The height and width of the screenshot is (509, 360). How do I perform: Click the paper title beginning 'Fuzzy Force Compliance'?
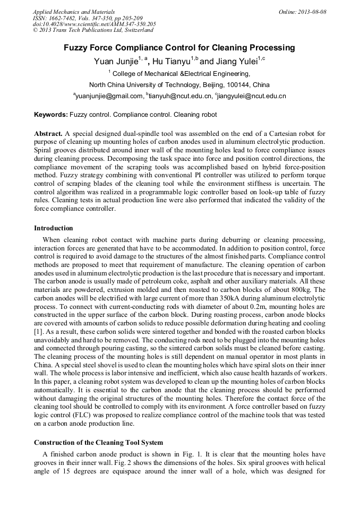(x=179, y=48)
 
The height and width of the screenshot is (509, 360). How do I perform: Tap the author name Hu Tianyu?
(x=171, y=62)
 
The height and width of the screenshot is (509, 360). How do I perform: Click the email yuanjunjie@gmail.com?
(x=109, y=96)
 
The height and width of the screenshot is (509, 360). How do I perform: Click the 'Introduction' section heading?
(x=54, y=228)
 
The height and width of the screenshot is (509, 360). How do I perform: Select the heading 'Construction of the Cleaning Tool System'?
(x=98, y=442)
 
